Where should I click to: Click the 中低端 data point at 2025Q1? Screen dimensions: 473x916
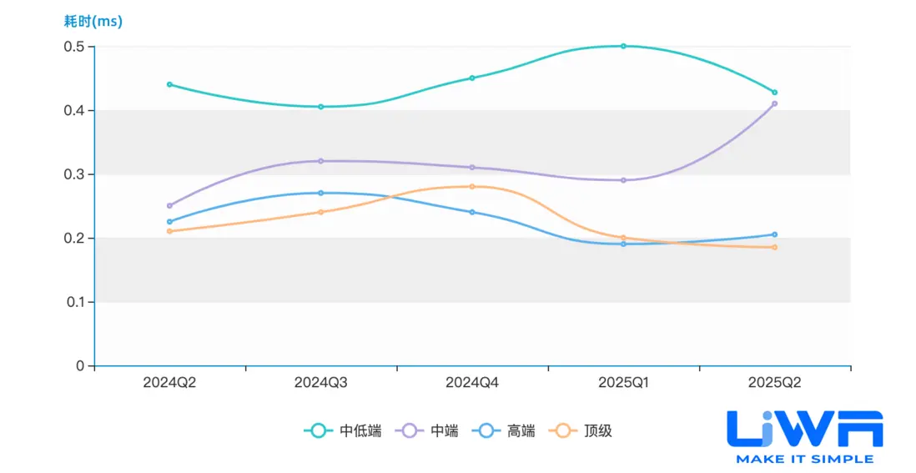click(x=623, y=46)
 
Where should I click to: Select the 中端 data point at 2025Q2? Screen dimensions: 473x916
click(x=775, y=103)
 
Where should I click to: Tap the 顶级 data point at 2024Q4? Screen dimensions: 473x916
click(x=472, y=186)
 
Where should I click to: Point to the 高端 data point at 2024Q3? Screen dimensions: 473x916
click(x=320, y=193)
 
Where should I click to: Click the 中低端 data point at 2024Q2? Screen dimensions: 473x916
click(x=169, y=84)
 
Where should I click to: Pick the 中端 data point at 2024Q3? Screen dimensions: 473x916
click(x=320, y=161)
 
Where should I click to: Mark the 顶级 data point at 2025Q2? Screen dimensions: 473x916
click(x=775, y=247)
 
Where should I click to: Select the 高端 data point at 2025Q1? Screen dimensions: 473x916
click(x=623, y=244)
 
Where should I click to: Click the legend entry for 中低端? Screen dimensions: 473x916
click(x=343, y=431)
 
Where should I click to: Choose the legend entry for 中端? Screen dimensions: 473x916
click(x=430, y=431)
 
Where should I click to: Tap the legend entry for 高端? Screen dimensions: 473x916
click(x=506, y=431)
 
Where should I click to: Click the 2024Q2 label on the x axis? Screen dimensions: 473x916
click(x=169, y=383)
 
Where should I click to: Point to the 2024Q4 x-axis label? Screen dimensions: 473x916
click(x=472, y=383)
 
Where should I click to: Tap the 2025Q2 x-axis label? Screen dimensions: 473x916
click(x=775, y=383)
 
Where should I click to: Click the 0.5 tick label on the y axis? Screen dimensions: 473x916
click(x=74, y=47)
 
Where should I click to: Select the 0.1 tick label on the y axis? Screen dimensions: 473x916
click(x=74, y=302)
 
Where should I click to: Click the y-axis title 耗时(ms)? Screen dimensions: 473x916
click(x=93, y=22)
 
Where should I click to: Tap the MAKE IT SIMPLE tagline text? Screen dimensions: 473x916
click(x=804, y=459)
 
